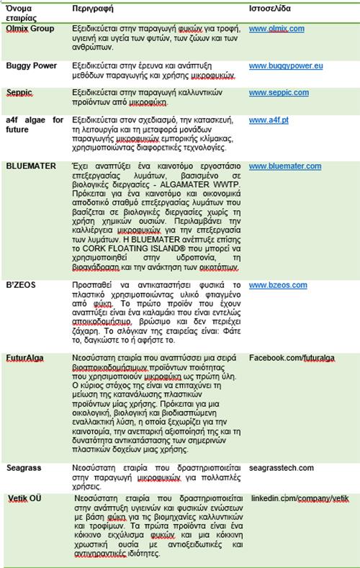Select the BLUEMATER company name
pyautogui.click(x=30, y=166)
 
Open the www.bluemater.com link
pyautogui.click(x=285, y=166)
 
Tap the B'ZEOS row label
pyautogui.click(x=22, y=284)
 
